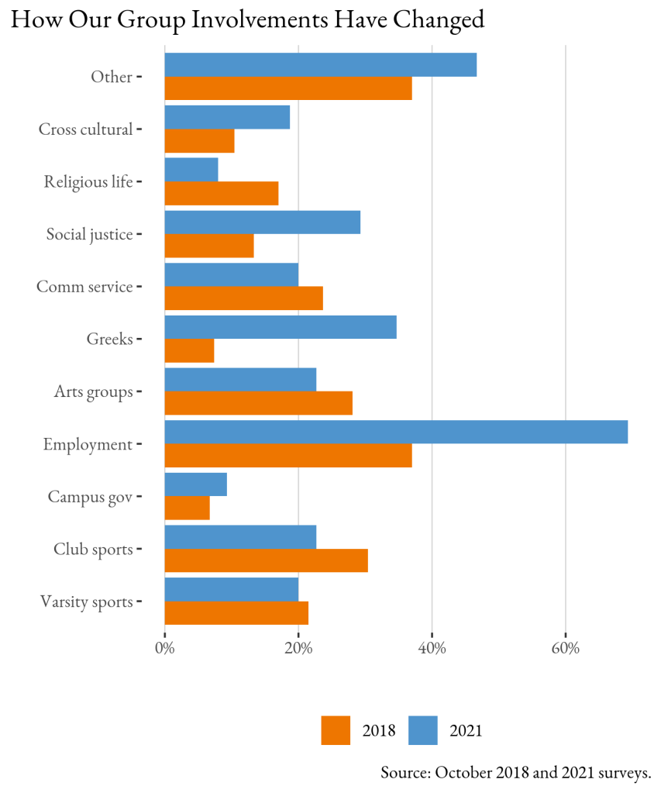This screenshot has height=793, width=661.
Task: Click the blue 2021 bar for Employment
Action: (x=396, y=432)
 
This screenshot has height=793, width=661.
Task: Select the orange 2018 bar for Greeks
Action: (x=189, y=350)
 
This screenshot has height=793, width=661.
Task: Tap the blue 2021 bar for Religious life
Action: (x=191, y=170)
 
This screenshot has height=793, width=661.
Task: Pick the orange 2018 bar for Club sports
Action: (x=266, y=560)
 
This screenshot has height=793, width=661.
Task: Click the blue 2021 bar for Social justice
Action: (x=263, y=222)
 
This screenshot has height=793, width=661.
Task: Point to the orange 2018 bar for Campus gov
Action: (x=187, y=508)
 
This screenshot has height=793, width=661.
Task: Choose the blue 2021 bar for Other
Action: (x=320, y=65)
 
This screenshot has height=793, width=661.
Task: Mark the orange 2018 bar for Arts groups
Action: (x=258, y=403)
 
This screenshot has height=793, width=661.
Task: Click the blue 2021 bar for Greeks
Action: (x=281, y=327)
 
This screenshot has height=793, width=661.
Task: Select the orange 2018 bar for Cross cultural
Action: (x=199, y=141)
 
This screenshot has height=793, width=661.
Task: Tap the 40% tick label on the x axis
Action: (x=432, y=648)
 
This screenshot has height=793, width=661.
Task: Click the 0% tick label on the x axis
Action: (x=164, y=648)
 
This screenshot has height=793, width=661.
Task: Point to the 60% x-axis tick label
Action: (x=566, y=648)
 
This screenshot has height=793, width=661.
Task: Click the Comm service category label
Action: (x=84, y=287)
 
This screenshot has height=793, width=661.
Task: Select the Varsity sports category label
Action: (x=86, y=602)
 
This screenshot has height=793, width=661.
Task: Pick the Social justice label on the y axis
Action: (x=89, y=234)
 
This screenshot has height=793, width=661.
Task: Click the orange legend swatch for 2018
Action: (x=336, y=730)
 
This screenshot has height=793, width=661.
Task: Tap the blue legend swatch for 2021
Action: (x=423, y=730)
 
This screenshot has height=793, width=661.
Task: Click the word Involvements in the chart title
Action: (x=260, y=20)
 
